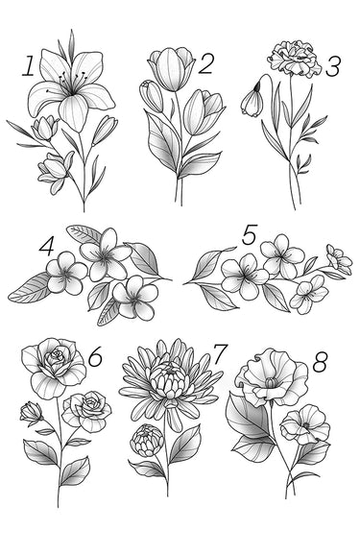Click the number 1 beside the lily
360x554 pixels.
click(x=28, y=65)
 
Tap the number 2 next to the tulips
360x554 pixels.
click(x=205, y=63)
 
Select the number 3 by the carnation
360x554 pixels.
click(x=332, y=67)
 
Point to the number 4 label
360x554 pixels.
click(x=47, y=246)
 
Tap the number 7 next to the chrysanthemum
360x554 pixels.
click(x=220, y=354)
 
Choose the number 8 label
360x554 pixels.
click(x=320, y=362)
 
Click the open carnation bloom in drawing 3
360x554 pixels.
click(x=296, y=58)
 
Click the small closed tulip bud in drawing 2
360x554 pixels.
click(x=152, y=95)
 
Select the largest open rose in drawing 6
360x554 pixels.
click(x=54, y=368)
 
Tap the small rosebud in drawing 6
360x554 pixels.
click(x=31, y=413)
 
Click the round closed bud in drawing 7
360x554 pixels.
click(x=147, y=441)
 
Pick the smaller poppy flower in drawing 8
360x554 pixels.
click(x=305, y=424)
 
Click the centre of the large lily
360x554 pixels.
click(x=72, y=92)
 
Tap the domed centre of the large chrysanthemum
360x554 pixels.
click(x=169, y=381)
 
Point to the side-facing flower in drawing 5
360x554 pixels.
click(x=339, y=259)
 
